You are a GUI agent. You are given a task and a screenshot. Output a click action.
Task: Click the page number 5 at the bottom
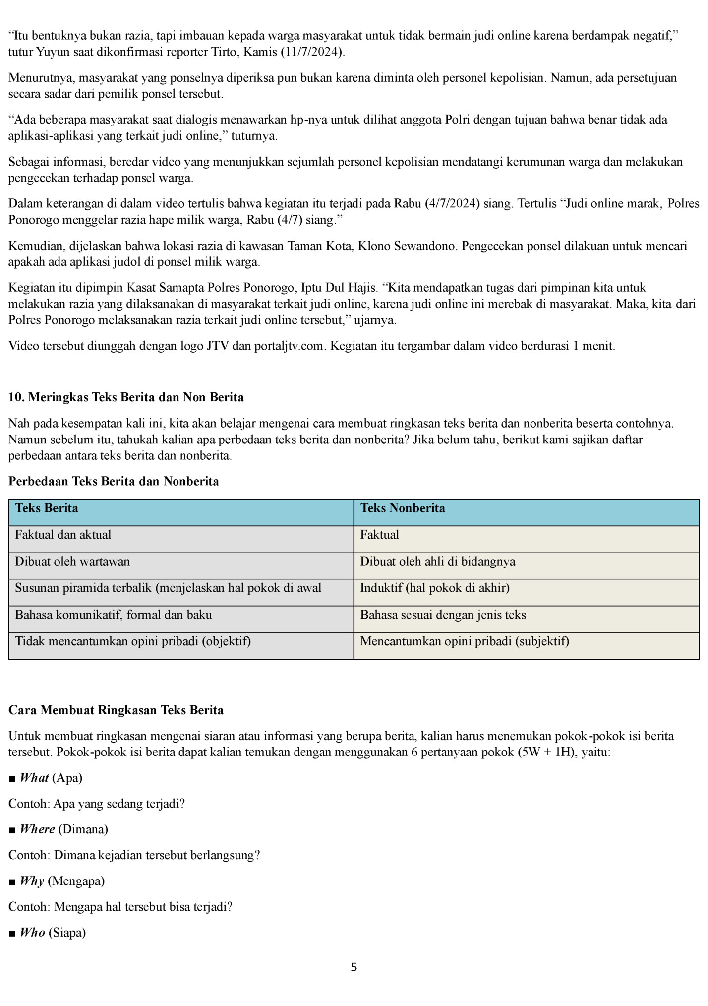tap(354, 967)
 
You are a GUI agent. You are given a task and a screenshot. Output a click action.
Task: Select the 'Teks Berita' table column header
tap(47, 508)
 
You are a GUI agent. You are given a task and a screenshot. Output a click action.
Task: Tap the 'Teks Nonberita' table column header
tap(403, 508)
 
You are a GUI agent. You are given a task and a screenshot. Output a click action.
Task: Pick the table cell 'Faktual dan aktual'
tap(63, 535)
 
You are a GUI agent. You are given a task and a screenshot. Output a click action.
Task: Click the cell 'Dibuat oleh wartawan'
tap(72, 562)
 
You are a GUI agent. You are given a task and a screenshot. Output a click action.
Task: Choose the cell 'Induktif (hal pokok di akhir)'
tap(435, 588)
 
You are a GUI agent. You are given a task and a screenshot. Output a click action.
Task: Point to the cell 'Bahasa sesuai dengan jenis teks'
tap(443, 615)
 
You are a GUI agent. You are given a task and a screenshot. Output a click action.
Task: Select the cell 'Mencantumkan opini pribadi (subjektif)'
tap(465, 642)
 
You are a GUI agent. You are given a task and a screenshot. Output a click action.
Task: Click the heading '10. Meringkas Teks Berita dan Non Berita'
tap(126, 397)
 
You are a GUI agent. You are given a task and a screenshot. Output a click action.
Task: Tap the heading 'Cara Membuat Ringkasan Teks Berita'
tap(116, 710)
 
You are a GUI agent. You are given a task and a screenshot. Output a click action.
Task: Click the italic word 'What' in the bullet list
tap(34, 778)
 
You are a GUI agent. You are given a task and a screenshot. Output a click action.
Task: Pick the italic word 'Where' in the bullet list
tap(37, 829)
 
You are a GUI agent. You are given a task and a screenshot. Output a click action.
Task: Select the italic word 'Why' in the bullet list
tap(32, 881)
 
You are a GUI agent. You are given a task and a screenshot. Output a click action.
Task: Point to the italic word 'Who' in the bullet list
tap(32, 933)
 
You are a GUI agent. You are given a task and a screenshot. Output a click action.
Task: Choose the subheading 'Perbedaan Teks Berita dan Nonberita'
tap(114, 482)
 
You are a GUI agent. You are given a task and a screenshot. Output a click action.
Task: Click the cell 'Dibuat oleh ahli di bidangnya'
tap(438, 562)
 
